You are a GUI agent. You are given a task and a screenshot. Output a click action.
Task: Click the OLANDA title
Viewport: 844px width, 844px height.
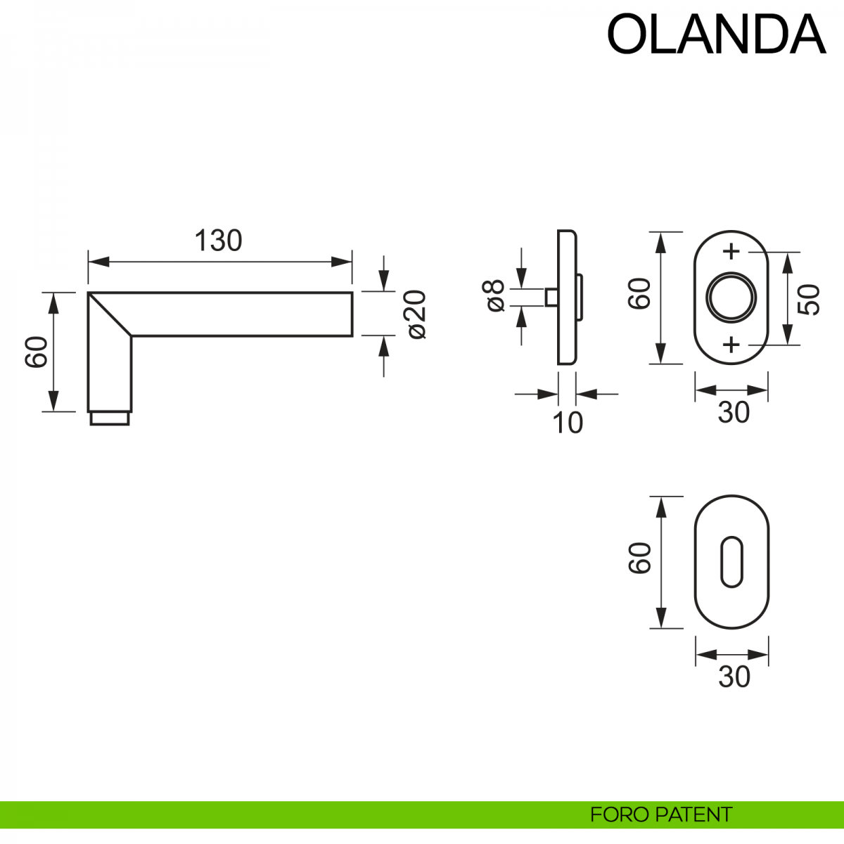pyautogui.click(x=715, y=34)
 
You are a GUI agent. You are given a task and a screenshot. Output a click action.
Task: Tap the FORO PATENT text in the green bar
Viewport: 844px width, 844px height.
pyautogui.click(x=660, y=814)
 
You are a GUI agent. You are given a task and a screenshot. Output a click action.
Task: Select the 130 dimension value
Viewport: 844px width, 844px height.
pyautogui.click(x=218, y=241)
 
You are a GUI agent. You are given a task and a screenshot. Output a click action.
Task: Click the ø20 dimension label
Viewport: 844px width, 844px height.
pyautogui.click(x=416, y=314)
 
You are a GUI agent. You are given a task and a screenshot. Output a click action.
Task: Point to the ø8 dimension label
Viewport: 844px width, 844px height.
pyautogui.click(x=494, y=296)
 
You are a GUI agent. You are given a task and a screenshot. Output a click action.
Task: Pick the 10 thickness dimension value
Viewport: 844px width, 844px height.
pyautogui.click(x=568, y=423)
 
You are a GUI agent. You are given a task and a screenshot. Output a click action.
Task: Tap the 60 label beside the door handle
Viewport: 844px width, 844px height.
pyautogui.click(x=37, y=352)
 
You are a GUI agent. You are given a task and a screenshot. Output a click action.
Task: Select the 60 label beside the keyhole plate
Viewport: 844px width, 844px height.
pyautogui.click(x=641, y=559)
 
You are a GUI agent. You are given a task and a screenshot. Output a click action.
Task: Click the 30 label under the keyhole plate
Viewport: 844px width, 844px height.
pyautogui.click(x=734, y=677)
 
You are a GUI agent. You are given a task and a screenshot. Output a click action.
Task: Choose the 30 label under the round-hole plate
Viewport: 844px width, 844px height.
pyautogui.click(x=733, y=413)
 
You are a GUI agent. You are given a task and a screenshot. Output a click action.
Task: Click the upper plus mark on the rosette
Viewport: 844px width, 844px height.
pyautogui.click(x=731, y=251)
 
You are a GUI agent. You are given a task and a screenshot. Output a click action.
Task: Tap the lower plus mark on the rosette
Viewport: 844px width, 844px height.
pyautogui.click(x=731, y=345)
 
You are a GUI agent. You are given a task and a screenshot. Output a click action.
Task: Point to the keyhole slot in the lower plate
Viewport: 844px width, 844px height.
pyautogui.click(x=731, y=561)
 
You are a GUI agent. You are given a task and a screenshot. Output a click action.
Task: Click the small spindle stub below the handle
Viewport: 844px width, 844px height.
pyautogui.click(x=109, y=418)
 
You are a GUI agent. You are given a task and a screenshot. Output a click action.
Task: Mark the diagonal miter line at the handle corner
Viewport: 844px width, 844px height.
pyautogui.click(x=110, y=314)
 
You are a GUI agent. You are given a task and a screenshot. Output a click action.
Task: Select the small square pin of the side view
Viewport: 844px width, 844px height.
pyautogui.click(x=551, y=298)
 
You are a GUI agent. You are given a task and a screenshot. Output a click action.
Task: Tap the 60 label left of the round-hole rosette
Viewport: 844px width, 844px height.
pyautogui.click(x=641, y=294)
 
